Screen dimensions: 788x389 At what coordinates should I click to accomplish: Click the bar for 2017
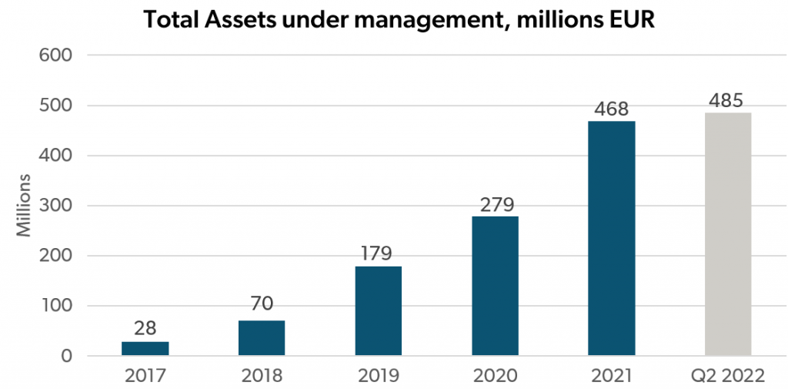(x=145, y=349)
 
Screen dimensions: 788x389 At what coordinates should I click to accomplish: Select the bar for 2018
(x=262, y=338)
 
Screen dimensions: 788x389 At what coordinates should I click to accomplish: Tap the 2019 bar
(x=379, y=311)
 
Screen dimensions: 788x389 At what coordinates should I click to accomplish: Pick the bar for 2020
(x=495, y=286)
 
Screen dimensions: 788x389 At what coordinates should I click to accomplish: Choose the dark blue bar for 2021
(x=612, y=239)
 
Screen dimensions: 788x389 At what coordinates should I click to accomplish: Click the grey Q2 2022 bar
(x=728, y=234)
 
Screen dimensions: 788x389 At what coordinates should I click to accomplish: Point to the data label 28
(x=145, y=329)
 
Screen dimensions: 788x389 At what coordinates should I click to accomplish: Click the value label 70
(x=262, y=304)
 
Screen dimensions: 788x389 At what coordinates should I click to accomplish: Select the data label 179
(x=379, y=253)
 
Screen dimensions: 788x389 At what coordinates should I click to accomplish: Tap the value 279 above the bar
(x=495, y=205)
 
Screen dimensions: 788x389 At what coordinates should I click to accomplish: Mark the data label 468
(x=612, y=109)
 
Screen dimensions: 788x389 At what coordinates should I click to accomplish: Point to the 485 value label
(x=728, y=101)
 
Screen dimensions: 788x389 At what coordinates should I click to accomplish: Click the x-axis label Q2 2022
(x=728, y=376)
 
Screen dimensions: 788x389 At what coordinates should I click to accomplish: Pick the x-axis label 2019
(x=379, y=376)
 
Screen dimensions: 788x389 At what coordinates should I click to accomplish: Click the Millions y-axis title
(x=23, y=206)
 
